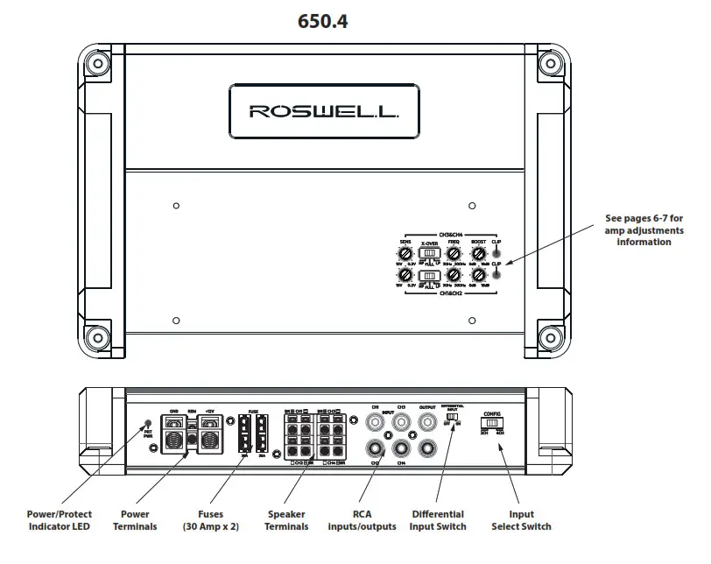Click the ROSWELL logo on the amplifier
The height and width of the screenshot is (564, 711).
point(323,111)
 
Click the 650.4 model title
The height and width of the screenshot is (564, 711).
point(323,22)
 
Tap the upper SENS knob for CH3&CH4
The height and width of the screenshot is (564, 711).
point(405,253)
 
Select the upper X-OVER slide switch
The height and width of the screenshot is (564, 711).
point(429,253)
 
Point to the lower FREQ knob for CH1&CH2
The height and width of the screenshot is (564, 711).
point(454,276)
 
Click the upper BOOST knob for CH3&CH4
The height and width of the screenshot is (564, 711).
point(478,253)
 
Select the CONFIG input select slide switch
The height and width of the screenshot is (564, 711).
point(492,423)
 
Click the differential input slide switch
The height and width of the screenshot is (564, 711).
point(452,418)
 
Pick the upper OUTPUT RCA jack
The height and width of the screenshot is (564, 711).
point(428,422)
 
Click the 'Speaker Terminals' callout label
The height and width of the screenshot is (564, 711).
point(286,520)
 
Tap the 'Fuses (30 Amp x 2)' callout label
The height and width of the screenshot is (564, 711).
point(210,520)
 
